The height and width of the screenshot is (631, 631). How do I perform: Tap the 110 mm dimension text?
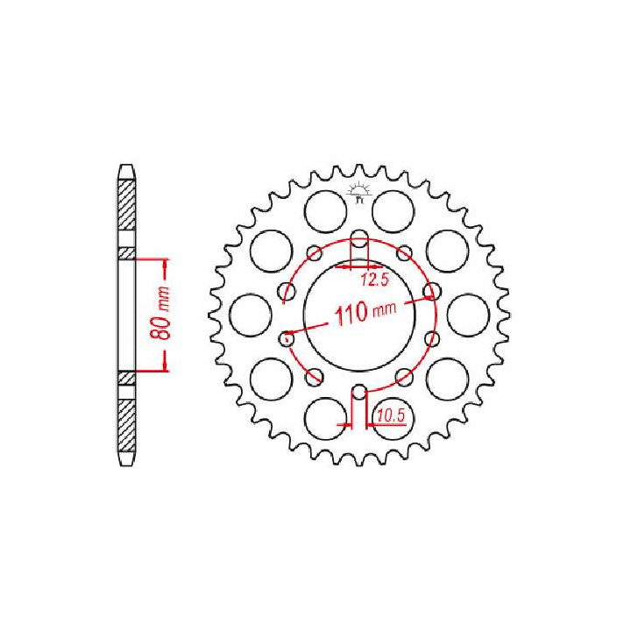362,312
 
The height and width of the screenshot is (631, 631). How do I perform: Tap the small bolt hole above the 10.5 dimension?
358,393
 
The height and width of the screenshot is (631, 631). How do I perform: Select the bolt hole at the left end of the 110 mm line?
285,337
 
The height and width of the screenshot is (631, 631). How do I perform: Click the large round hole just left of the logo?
324,209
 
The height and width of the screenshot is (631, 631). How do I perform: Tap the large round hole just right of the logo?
392,209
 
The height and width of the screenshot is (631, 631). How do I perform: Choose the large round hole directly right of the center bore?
468,314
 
